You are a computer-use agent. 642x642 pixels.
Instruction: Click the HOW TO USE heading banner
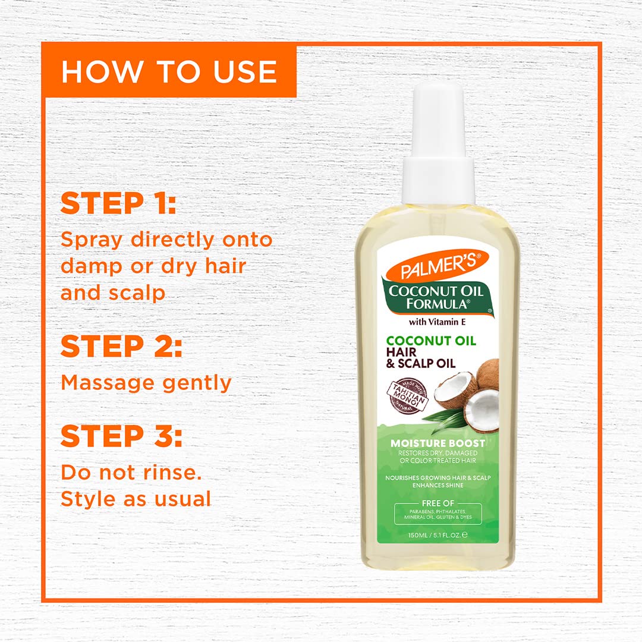click(x=169, y=71)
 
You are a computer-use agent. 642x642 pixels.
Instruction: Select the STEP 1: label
click(x=118, y=203)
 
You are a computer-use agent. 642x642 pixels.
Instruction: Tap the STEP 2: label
click(x=121, y=347)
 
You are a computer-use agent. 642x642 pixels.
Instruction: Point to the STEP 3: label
click(x=121, y=436)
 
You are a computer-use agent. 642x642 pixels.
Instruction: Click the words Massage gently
click(x=146, y=383)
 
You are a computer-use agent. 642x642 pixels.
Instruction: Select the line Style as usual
click(x=136, y=499)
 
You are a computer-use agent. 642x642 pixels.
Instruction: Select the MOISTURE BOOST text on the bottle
click(x=438, y=443)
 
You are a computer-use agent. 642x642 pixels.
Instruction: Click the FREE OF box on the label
click(x=438, y=514)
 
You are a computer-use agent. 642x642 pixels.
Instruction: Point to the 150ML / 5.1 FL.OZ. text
click(x=438, y=534)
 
